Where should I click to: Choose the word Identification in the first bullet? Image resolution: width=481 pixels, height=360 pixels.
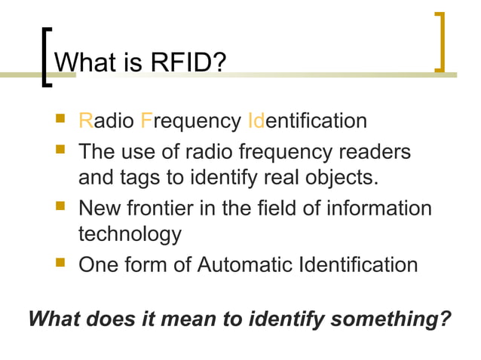(x=308, y=121)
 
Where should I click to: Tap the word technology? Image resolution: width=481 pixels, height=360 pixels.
(x=130, y=235)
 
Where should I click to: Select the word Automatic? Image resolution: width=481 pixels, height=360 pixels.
(x=240, y=264)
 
